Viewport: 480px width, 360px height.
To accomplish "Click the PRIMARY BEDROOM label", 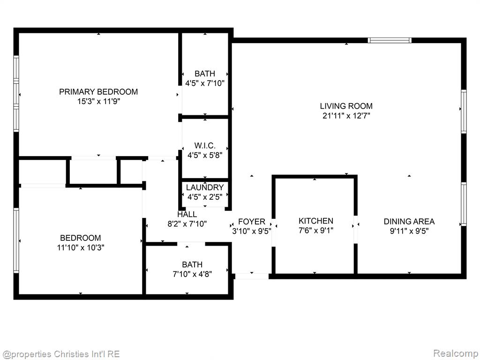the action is (98, 91).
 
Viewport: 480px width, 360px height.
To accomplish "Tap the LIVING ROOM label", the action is (346, 106).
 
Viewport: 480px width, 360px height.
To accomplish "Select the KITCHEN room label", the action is (316, 221).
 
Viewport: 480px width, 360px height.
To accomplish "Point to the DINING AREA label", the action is (409, 221).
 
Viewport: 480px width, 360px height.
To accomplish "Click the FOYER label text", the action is (252, 221).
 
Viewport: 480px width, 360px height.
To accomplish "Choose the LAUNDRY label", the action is (205, 187).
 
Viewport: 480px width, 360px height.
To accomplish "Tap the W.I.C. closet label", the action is (205, 145).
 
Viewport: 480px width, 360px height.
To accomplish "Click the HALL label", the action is (187, 214).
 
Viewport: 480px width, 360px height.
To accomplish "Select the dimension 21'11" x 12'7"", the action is (346, 116).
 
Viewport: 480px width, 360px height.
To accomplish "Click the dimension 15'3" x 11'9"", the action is (98, 101).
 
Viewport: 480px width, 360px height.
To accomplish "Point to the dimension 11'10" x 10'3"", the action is (81, 247).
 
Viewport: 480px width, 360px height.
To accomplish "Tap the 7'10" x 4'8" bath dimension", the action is (192, 274).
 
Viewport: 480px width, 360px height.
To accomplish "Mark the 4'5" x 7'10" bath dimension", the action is (205, 83).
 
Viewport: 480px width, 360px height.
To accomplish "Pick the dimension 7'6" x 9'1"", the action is (316, 231).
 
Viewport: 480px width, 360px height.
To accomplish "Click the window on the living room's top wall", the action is (390, 40).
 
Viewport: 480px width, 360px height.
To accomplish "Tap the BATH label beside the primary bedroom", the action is (205, 74).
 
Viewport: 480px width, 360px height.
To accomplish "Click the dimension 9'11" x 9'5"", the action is (409, 231).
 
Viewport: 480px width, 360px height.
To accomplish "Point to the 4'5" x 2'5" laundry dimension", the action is (205, 197).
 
